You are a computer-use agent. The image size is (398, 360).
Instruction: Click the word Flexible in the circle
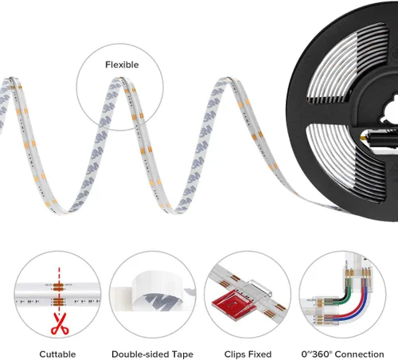[x=122, y=65]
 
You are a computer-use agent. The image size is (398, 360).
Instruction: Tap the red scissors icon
[x=60, y=323]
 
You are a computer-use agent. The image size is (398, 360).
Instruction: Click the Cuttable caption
[x=57, y=354]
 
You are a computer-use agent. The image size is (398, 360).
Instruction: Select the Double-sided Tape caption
[x=152, y=354]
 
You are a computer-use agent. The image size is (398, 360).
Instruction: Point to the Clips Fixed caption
[x=248, y=354]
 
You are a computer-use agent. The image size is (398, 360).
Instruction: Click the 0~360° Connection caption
[x=342, y=354]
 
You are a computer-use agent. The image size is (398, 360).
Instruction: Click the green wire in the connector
[x=342, y=295]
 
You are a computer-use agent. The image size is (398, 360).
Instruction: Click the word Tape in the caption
[x=182, y=354]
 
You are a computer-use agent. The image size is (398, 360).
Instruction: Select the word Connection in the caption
[x=359, y=354]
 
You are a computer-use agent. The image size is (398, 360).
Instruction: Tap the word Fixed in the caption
[x=259, y=354]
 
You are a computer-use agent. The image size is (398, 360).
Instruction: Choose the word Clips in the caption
[x=235, y=354]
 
